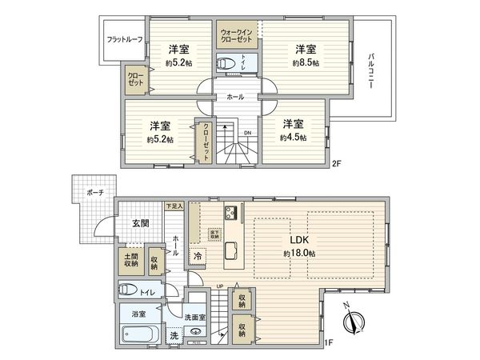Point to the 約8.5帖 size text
306,62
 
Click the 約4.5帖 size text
293,137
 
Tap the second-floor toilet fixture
228,62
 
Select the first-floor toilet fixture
128,291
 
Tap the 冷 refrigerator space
197,257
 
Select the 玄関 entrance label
140,223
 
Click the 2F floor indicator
337,165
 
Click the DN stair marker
247,134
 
